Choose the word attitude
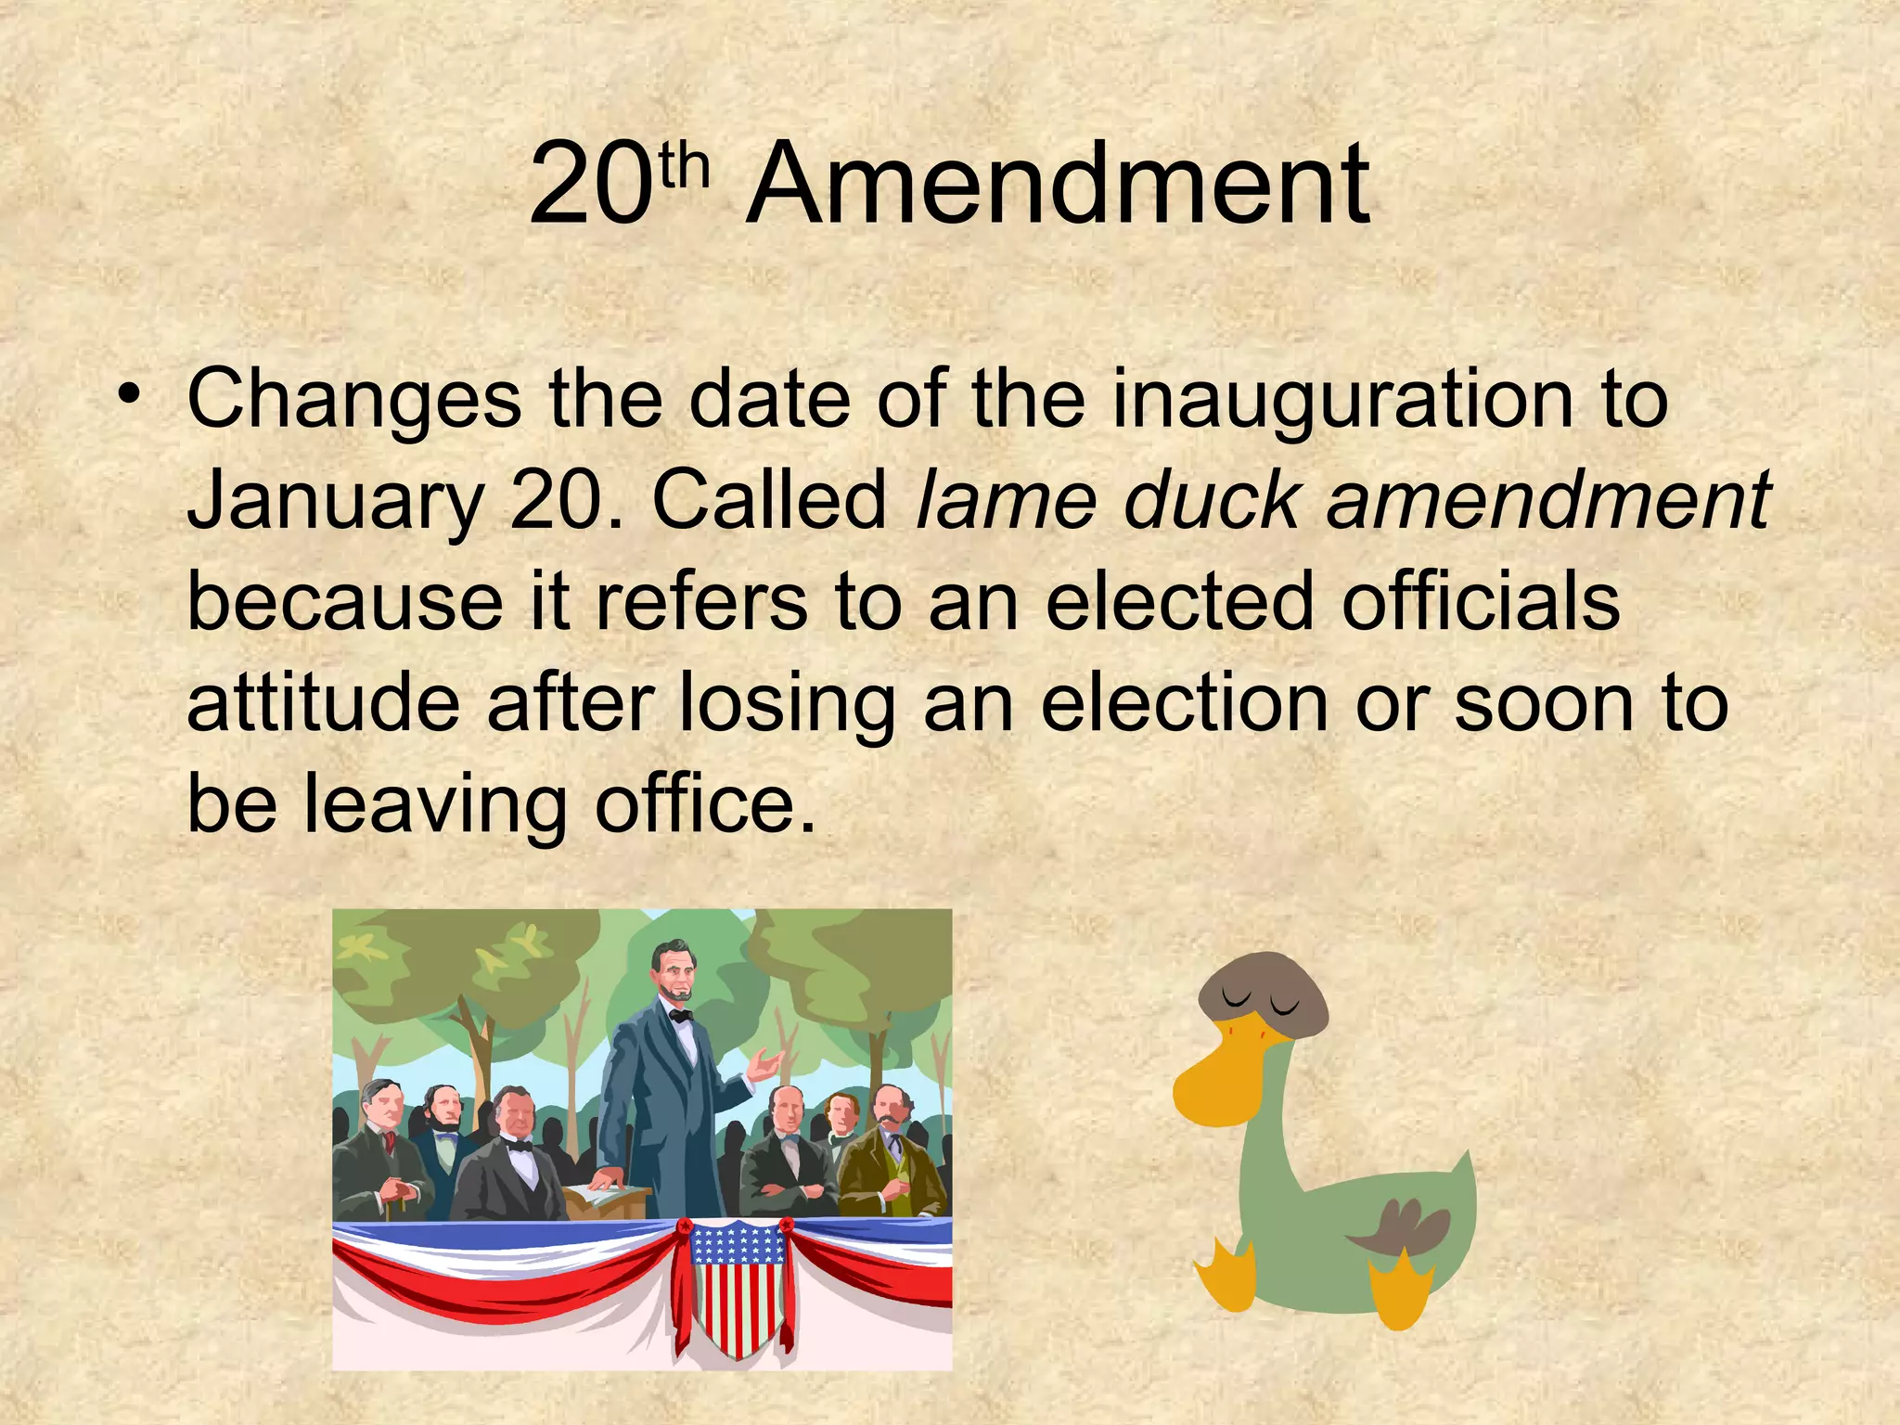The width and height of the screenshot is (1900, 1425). (323, 702)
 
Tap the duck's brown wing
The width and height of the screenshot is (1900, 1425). (1402, 1229)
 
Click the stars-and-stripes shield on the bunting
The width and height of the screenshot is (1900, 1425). (738, 1286)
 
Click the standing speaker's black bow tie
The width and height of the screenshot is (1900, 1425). (682, 1016)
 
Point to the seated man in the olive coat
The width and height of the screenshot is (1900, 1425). (886, 1160)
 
